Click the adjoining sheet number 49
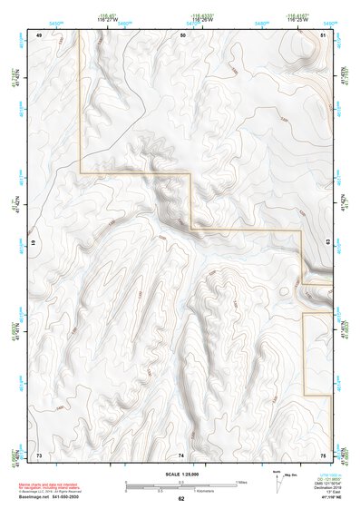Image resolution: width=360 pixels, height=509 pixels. [40, 34]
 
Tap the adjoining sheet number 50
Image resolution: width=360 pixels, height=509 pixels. [182, 34]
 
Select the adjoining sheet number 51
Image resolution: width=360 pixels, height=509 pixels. [324, 34]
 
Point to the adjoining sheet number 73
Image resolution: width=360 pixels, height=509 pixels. [40, 454]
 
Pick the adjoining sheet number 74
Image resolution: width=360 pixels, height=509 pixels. [181, 454]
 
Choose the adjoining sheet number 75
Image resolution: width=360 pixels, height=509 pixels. [323, 454]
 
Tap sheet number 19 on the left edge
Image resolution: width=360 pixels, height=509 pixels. [34, 244]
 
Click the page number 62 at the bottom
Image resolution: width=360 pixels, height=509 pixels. [181, 499]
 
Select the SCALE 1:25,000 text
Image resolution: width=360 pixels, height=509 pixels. [180, 474]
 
